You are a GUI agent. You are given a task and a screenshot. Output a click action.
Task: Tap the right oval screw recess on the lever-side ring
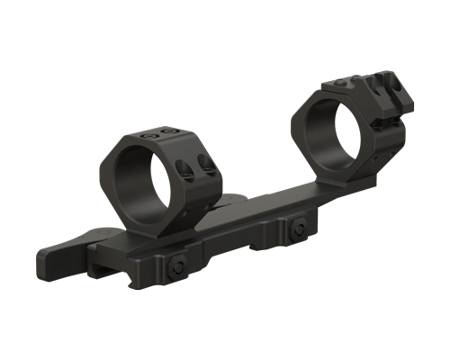209,166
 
